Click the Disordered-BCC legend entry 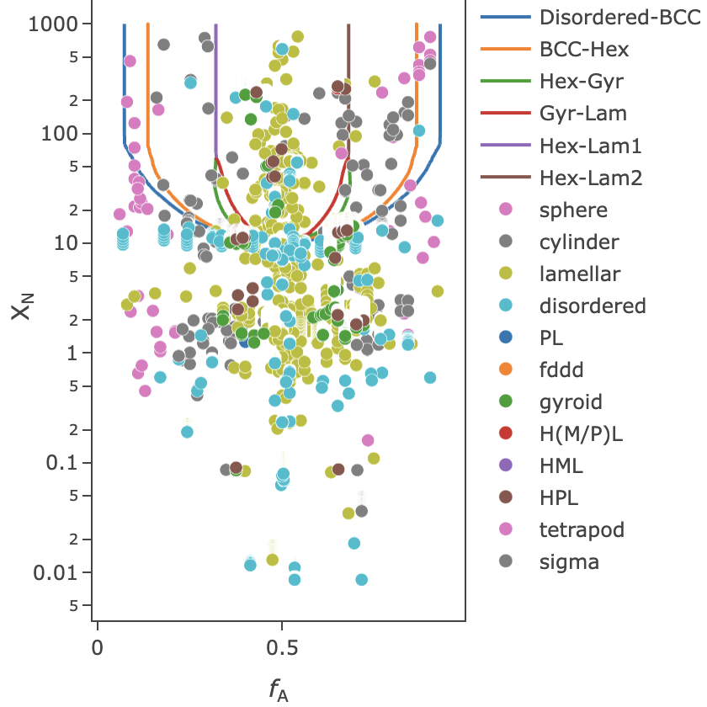[x=619, y=17]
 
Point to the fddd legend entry [x=561, y=369]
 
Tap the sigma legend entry [x=569, y=561]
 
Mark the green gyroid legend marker [x=505, y=401]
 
